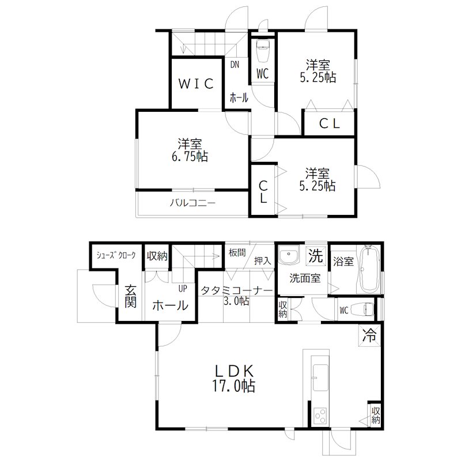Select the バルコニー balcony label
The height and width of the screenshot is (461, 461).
coord(192,203)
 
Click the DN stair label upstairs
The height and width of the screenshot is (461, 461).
coord(235,65)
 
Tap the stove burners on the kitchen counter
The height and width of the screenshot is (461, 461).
coord(320,415)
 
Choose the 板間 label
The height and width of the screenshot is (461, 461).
coord(237,252)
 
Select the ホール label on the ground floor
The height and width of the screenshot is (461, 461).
coord(170,306)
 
